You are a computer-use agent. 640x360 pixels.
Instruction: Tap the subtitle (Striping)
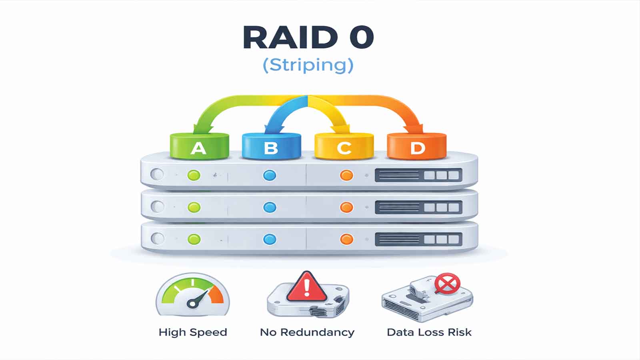point(308,65)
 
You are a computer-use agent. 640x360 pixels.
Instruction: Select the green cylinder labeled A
point(199,146)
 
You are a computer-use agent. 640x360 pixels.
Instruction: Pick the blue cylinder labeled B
point(271,146)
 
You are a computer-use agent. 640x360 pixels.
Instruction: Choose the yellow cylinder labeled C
point(344,146)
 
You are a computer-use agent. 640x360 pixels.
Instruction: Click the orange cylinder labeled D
point(417,146)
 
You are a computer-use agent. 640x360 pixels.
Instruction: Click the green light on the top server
point(194,175)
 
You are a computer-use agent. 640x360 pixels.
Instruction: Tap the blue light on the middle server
point(270,207)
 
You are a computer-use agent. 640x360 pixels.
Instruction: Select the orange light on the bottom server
point(346,239)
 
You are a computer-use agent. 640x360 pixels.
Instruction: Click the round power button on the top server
point(157,175)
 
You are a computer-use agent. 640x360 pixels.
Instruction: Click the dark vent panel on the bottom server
point(418,239)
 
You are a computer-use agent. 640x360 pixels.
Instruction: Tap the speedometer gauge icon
point(192,295)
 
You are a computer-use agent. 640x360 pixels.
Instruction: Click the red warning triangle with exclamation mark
point(307,287)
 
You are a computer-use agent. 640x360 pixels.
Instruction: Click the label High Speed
point(193,332)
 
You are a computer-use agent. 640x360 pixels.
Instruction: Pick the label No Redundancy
point(307,332)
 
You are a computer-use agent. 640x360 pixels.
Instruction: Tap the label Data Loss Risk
point(429,332)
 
